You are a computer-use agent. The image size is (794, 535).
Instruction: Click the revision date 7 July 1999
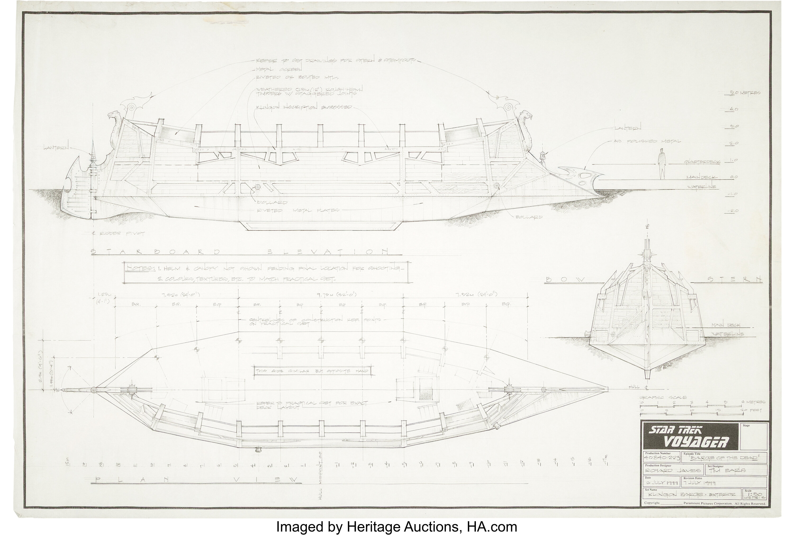(701, 483)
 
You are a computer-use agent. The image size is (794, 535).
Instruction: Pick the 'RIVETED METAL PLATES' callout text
(298, 211)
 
